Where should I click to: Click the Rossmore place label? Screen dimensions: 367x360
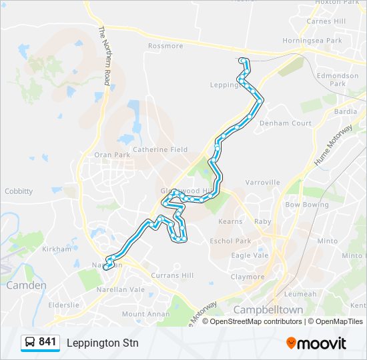[x=165, y=46]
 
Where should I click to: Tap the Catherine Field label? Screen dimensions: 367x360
[x=160, y=149]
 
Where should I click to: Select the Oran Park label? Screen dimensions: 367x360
[x=112, y=155]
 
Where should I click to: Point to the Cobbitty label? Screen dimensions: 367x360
[x=19, y=191]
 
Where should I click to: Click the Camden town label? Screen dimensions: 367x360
[x=27, y=285]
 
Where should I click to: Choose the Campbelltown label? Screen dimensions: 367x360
[x=268, y=310]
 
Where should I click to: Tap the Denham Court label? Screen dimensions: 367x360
[x=286, y=123]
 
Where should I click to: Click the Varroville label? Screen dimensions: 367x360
[x=262, y=182]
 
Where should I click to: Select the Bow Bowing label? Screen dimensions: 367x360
[x=307, y=205]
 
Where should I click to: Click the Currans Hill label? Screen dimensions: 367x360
[x=172, y=275]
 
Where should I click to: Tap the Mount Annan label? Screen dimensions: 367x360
[x=142, y=314]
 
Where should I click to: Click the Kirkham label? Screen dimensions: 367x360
[x=57, y=249]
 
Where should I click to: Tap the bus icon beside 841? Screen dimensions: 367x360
[x=31, y=343]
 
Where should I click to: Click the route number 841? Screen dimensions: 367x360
[x=48, y=342]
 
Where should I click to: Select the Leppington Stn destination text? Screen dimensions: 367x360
[x=102, y=343]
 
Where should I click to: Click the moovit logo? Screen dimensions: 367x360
[x=316, y=343]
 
